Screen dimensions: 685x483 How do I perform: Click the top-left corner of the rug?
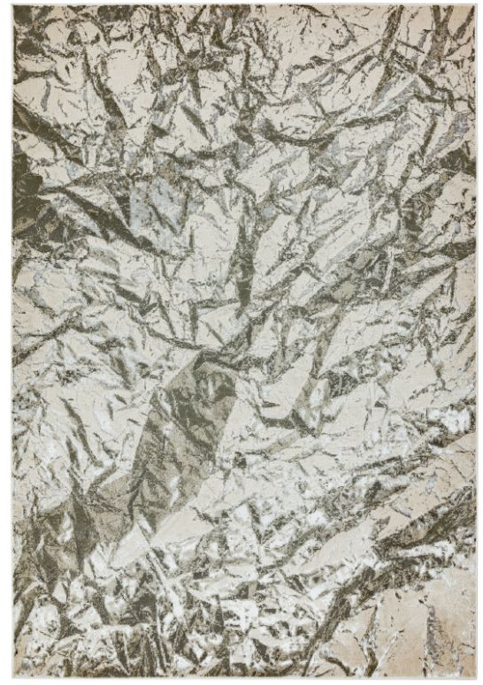tap(12, 7)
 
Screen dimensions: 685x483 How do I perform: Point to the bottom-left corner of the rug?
tap(12, 677)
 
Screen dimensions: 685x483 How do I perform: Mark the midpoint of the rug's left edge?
tap(12, 342)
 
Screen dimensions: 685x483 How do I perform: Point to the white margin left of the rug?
tap(4, 342)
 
